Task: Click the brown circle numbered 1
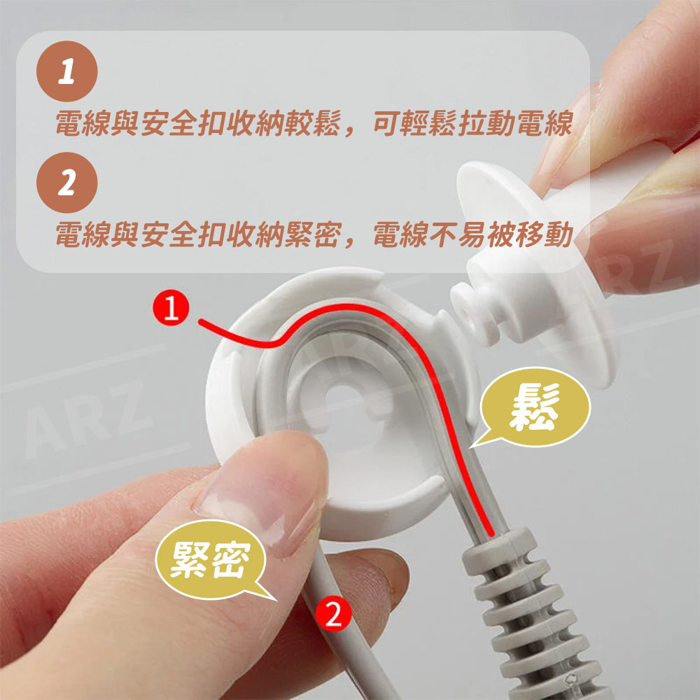pyautogui.click(x=67, y=71)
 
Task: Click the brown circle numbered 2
pyautogui.click(x=67, y=183)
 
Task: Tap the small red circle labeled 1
pyautogui.click(x=171, y=307)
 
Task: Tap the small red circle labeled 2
pyautogui.click(x=333, y=615)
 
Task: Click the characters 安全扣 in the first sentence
pyautogui.click(x=183, y=123)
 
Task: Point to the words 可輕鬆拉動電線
pyautogui.click(x=473, y=123)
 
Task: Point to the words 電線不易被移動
pyautogui.click(x=473, y=234)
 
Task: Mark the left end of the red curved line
pyautogui.click(x=200, y=321)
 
